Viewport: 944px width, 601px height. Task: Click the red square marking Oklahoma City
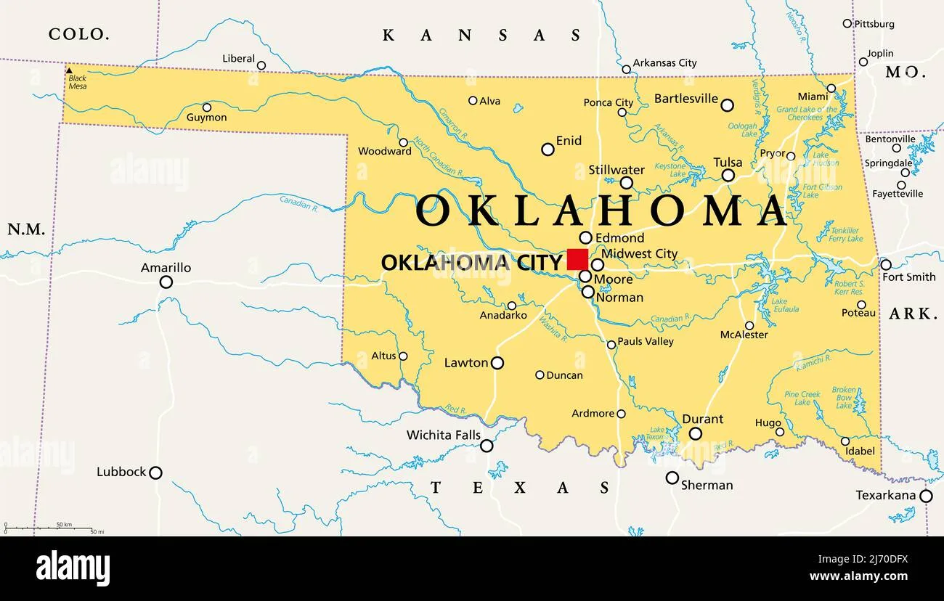coord(577,259)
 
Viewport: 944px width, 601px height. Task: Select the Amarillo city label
coord(166,268)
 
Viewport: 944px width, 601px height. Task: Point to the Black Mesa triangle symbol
coord(70,70)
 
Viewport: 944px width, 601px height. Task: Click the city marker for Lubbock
coord(155,473)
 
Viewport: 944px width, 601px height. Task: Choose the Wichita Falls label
coord(443,435)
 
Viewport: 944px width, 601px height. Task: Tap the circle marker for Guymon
coord(207,107)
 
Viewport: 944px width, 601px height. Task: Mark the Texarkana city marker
coord(926,496)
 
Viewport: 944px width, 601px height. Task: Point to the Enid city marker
coord(548,150)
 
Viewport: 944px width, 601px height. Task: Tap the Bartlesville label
coord(685,99)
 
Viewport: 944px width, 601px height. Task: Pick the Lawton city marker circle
coord(497,363)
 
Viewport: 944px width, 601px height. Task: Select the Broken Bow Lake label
coord(844,398)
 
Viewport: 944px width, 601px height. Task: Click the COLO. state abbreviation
coord(78,33)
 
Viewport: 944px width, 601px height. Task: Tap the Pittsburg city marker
coord(847,24)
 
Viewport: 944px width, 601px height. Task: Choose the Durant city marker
coord(695,433)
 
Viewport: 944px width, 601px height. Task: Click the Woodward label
coord(385,152)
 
